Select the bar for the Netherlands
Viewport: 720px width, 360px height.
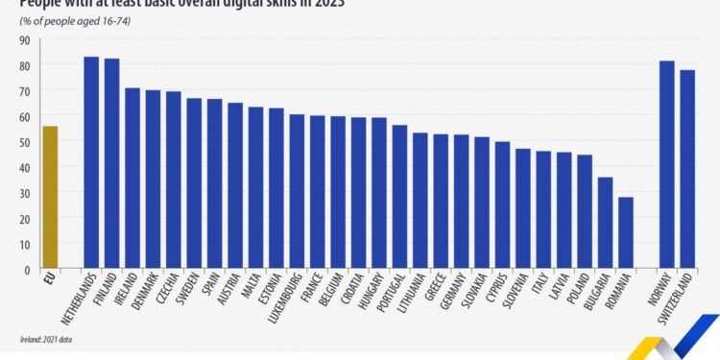pos(91,163)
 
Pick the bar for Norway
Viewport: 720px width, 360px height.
pos(666,165)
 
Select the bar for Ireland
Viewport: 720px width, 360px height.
pos(132,179)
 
